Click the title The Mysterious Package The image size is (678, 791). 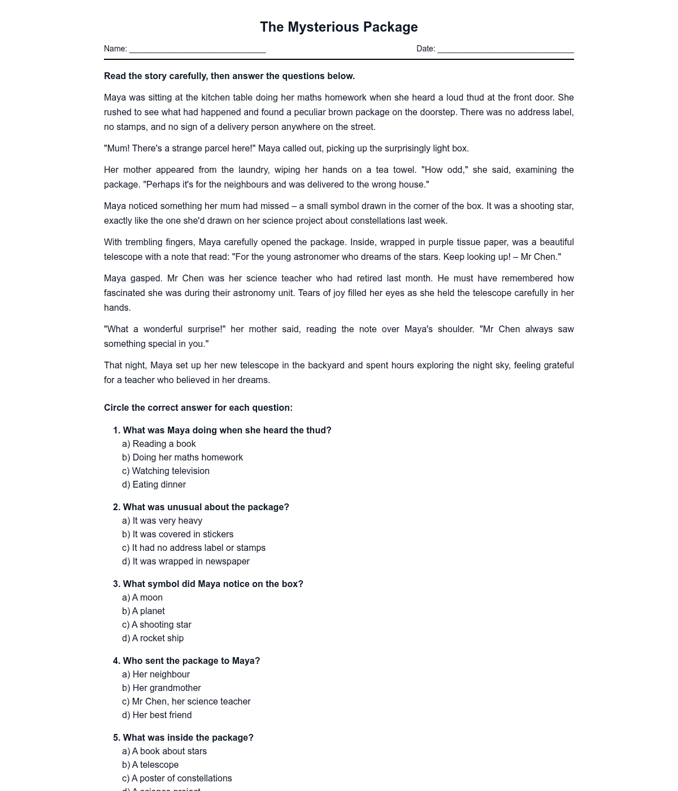[338, 27]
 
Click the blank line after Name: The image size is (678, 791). [197, 50]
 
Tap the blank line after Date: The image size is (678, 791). [505, 50]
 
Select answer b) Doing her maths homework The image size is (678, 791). [182, 458]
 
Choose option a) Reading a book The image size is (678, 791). [159, 444]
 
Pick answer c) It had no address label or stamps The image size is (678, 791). [194, 548]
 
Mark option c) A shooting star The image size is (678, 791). [157, 625]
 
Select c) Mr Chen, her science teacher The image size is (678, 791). [186, 702]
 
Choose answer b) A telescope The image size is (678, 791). [150, 765]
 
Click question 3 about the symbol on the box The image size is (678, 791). [208, 584]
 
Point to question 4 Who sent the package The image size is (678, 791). [186, 661]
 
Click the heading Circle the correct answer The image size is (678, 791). [198, 408]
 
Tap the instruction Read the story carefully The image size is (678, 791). [229, 76]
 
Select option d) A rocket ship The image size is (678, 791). [153, 638]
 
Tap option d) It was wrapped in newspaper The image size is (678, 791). [186, 562]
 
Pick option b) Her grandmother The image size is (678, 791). [162, 688]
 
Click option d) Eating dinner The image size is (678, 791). [154, 485]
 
